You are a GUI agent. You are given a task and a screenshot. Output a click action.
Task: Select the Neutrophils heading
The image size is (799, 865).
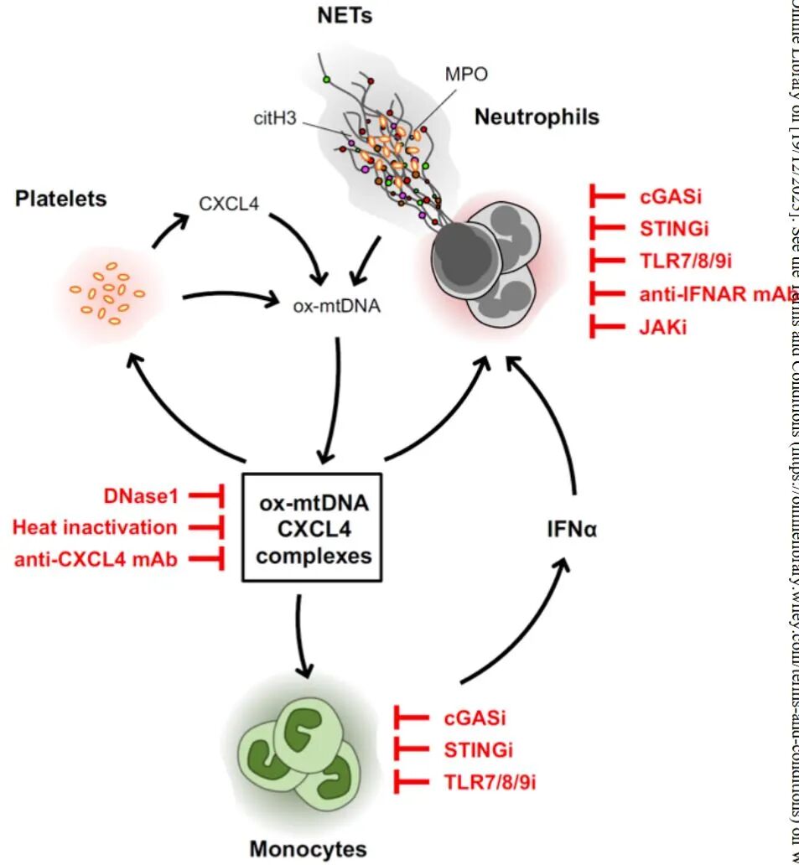537,117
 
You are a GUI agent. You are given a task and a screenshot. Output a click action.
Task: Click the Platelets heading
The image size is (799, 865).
60,199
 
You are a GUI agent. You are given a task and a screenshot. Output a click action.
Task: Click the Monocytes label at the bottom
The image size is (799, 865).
308,848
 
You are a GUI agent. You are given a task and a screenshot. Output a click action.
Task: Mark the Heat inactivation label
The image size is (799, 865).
96,527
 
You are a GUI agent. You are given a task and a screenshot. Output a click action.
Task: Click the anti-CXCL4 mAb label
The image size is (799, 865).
96,558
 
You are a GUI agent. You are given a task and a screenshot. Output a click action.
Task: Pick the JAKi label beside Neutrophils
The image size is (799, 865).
662,326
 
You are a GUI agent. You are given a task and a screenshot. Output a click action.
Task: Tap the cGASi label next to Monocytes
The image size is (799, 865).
475,717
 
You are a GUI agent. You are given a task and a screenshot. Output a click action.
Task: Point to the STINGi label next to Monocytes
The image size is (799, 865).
479,748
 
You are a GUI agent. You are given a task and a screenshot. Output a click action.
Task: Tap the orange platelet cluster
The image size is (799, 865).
107,293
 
